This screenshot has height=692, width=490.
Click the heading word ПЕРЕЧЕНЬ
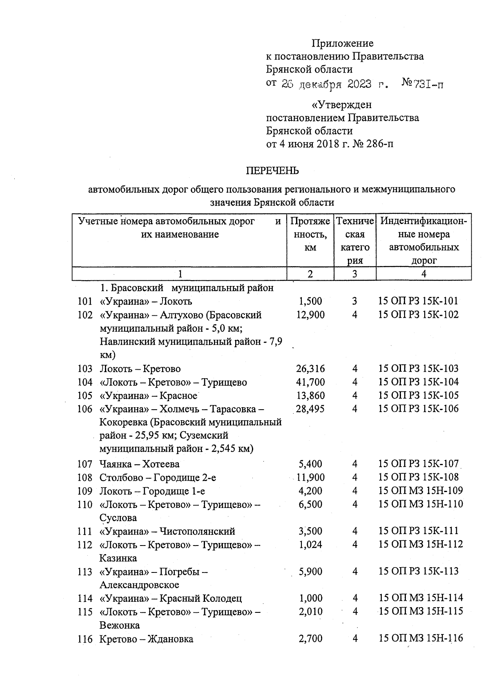pyautogui.click(x=272, y=171)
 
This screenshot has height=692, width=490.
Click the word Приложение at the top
pyautogui.click(x=342, y=43)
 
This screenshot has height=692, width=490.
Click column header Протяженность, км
pyautogui.click(x=310, y=234)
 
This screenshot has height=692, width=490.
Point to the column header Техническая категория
pyautogui.click(x=354, y=241)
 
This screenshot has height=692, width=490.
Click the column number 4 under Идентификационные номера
pyautogui.click(x=423, y=274)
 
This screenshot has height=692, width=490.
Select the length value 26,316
pyautogui.click(x=310, y=369)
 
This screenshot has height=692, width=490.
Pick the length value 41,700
pyautogui.click(x=310, y=382)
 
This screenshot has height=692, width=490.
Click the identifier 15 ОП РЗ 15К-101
pyautogui.click(x=419, y=301)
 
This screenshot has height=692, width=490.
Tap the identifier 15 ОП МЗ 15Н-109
pyautogui.click(x=421, y=490)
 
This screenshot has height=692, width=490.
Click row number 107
pyautogui.click(x=85, y=464)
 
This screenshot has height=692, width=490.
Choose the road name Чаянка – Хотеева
pyautogui.click(x=139, y=464)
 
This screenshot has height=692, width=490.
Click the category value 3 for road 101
pyautogui.click(x=354, y=301)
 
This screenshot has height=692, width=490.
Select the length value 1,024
pyautogui.click(x=310, y=544)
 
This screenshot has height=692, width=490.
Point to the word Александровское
pyautogui.click(x=139, y=585)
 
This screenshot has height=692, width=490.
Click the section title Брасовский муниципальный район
pyautogui.click(x=187, y=288)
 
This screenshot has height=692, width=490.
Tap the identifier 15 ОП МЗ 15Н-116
pyautogui.click(x=421, y=638)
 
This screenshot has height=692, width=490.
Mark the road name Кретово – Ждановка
pyautogui.click(x=146, y=639)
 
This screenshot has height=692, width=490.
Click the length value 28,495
pyautogui.click(x=310, y=409)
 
